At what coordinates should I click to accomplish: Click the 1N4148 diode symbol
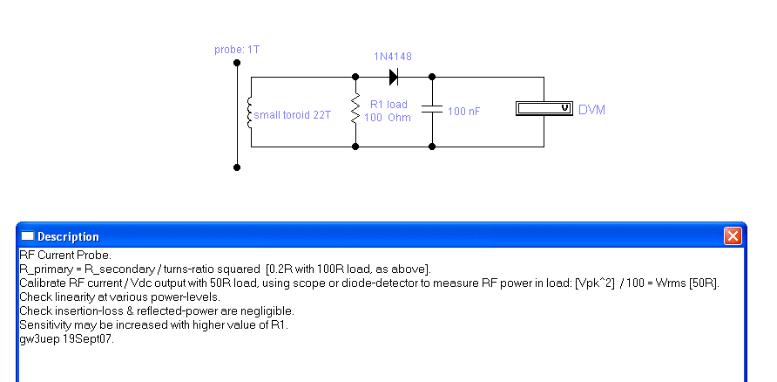(394, 77)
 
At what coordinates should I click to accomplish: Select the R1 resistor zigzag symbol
(355, 109)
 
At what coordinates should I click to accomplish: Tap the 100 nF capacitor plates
(431, 109)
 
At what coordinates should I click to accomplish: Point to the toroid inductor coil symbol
(250, 113)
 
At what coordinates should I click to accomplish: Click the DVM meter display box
(544, 108)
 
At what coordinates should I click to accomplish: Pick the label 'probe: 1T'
(237, 50)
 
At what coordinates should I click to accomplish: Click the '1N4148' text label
(393, 57)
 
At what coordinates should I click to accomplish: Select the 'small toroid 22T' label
(293, 115)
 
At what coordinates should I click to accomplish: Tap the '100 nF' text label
(463, 112)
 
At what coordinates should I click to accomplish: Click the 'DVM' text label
(591, 110)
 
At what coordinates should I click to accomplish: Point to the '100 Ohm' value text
(388, 118)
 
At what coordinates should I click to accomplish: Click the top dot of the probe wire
(237, 63)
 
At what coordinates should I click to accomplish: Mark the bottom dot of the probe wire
(237, 167)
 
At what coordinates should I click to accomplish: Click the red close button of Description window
(733, 235)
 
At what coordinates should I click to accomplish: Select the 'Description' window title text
(69, 236)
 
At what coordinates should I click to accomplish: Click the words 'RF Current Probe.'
(65, 255)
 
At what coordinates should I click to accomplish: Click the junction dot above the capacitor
(432, 77)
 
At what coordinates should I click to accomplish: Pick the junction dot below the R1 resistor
(355, 147)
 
